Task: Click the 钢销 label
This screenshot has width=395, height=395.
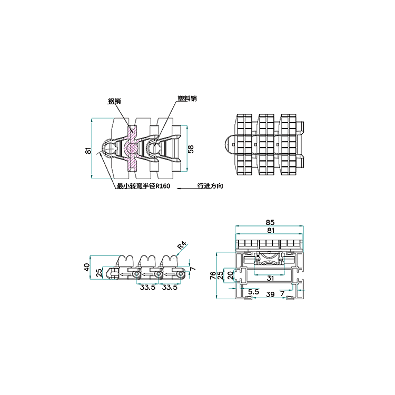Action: click(114, 101)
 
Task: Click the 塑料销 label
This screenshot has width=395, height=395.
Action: click(187, 98)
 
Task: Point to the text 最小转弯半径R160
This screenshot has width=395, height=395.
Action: click(144, 186)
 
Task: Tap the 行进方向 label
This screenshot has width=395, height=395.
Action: click(210, 186)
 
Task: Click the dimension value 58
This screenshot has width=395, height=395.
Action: click(191, 149)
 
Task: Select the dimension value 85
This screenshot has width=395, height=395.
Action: click(270, 222)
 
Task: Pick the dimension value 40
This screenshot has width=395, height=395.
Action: click(87, 267)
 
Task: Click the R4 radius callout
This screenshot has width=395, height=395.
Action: click(182, 245)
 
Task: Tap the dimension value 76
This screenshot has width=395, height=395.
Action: click(213, 275)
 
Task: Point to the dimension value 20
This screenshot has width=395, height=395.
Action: click(231, 275)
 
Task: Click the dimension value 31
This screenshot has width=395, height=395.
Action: click(270, 279)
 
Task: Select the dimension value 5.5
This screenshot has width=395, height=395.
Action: click(253, 292)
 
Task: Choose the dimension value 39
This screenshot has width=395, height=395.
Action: click(270, 294)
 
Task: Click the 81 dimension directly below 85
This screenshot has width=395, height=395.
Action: click(270, 230)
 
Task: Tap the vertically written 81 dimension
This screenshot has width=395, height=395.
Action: click(88, 151)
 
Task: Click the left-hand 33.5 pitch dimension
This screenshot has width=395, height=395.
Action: click(147, 287)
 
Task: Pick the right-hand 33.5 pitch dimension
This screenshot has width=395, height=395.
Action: click(170, 287)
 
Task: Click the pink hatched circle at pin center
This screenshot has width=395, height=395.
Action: click(132, 149)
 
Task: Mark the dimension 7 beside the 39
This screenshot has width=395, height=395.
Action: click(282, 293)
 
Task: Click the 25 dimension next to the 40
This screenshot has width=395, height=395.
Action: click(99, 272)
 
